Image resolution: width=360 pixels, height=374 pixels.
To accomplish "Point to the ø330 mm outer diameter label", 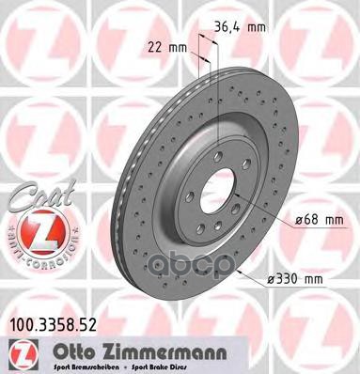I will [300, 280].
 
